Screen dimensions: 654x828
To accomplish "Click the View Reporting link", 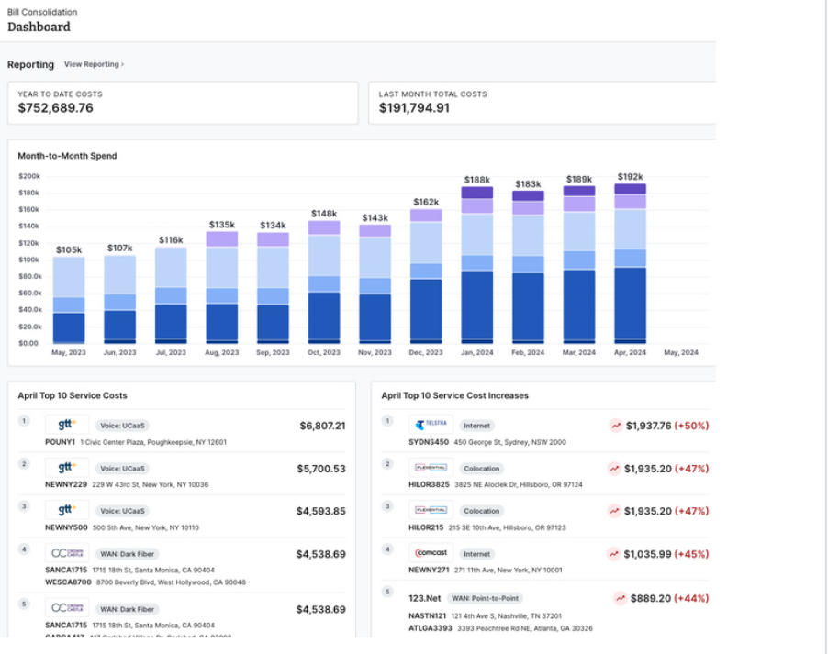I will pos(94,64).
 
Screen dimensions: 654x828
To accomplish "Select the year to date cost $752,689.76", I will pos(55,108).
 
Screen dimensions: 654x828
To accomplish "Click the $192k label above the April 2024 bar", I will pos(630,177).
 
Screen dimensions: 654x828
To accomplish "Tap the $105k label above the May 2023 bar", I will pos(69,249).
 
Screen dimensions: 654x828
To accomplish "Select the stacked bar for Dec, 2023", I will pos(426,275).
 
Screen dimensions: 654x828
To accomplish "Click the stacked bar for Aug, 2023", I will pos(221,286).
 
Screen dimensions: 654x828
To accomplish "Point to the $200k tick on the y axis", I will pos(29,176).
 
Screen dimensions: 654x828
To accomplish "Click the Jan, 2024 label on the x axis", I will pos(476,352).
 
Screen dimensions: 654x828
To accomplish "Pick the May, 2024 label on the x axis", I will pos(680,352).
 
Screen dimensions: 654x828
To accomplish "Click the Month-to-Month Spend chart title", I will pos(67,156).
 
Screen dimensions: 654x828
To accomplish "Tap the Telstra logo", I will pos(430,426).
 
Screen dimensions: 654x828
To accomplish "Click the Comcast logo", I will pos(430,553).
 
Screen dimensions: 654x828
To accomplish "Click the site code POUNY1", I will pos(60,442).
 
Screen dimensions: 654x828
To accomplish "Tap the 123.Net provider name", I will pos(426,598).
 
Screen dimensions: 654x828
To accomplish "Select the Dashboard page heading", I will pos(39,27).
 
